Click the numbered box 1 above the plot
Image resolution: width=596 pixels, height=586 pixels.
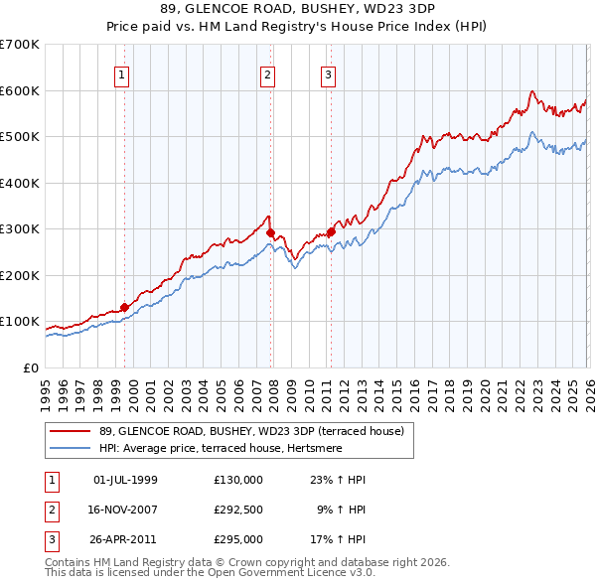[121, 73]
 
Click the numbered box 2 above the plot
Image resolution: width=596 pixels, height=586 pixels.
[268, 73]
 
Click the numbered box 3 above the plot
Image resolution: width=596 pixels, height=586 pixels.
[328, 73]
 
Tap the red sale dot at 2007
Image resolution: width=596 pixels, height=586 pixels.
[270, 232]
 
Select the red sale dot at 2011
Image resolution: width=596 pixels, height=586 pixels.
[331, 231]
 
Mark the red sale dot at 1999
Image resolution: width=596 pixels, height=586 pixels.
[124, 307]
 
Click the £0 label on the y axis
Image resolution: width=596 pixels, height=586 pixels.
[31, 367]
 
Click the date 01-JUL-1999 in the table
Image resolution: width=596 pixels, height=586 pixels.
[125, 480]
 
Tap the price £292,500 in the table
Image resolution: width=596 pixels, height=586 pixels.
[238, 511]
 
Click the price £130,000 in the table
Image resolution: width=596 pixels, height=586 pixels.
[238, 480]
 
